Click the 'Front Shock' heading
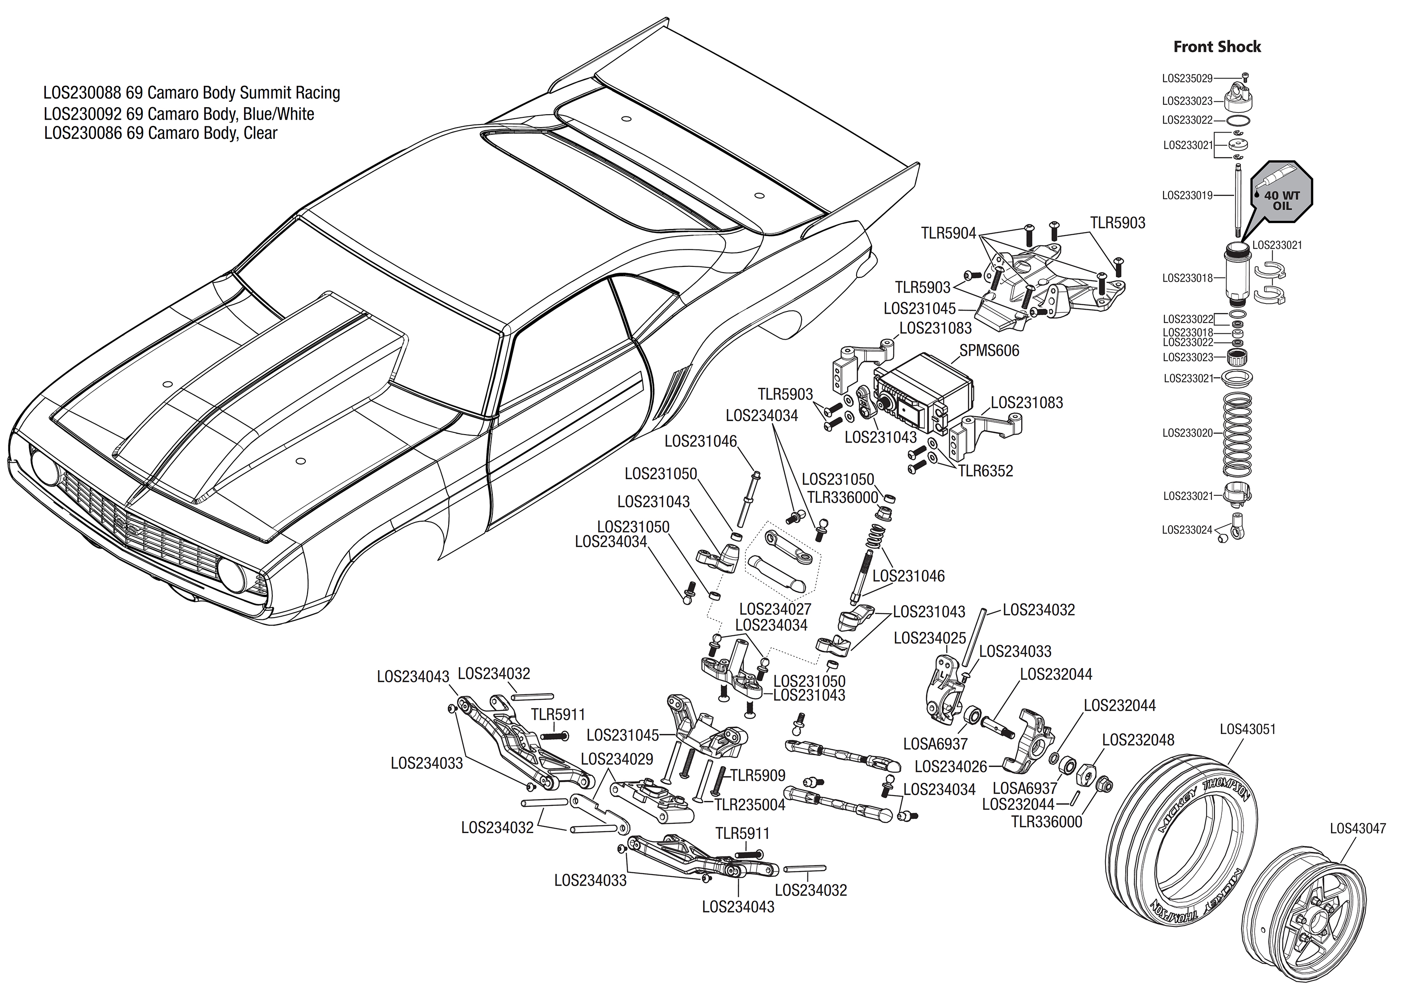(1217, 46)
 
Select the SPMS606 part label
(989, 351)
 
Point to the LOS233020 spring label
(1187, 433)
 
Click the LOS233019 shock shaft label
(1187, 195)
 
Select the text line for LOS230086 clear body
(161, 133)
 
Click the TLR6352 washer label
(986, 471)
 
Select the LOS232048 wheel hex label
(1138, 740)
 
